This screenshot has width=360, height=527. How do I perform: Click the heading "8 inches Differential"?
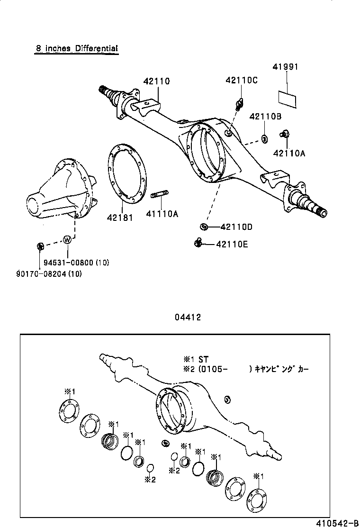coord(76,48)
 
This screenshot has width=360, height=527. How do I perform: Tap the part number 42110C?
coord(241,80)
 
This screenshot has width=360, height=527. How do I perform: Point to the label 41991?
coord(285,67)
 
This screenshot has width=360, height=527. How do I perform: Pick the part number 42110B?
coord(266,117)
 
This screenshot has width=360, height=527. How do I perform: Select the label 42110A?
coord(289,153)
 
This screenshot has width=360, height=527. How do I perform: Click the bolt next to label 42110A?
coord(285,134)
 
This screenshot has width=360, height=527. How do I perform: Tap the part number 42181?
coord(120,218)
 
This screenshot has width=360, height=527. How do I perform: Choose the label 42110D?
coord(235,227)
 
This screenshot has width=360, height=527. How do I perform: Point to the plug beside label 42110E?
coord(198,243)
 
